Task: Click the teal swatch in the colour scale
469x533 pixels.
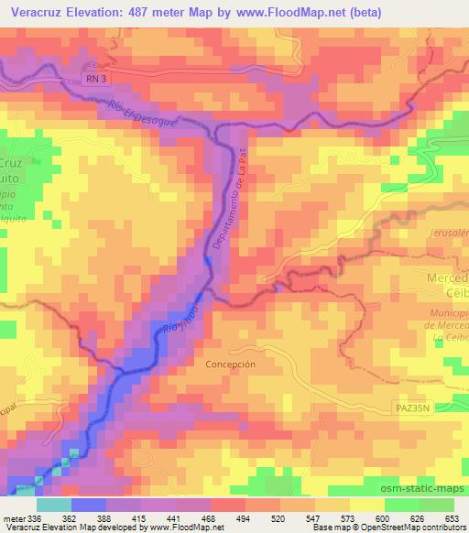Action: (x=53, y=504)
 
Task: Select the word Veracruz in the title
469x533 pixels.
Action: (x=38, y=11)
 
